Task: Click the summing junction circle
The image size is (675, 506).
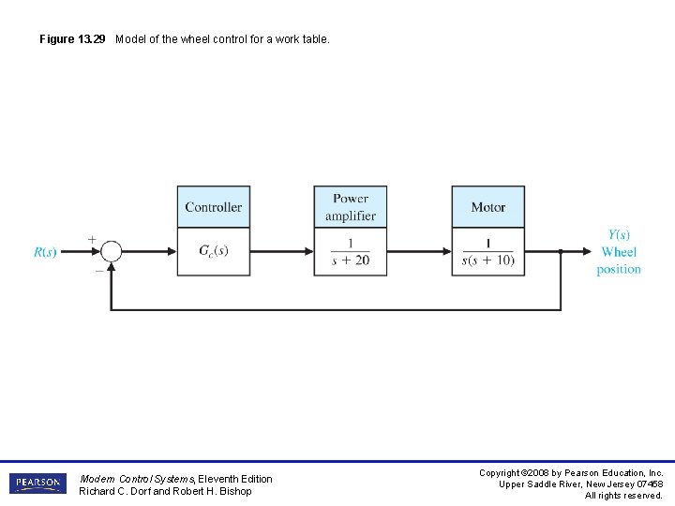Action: point(111,251)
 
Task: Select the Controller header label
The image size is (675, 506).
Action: point(214,207)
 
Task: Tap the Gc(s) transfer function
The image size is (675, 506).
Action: point(214,251)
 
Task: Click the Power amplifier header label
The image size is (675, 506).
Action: point(350,207)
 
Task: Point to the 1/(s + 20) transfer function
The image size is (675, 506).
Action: point(350,251)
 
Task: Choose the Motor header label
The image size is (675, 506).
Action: point(487,207)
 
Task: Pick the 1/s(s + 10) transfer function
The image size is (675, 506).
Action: point(487,251)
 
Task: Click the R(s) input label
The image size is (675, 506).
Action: point(45,252)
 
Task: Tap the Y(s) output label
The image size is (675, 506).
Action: point(619,234)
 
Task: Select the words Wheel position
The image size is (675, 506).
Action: point(619,260)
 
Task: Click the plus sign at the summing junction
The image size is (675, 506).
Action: point(92,239)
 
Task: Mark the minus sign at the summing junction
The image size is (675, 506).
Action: point(98,269)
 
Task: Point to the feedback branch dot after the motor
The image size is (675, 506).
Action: point(561,251)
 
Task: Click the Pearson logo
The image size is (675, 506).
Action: point(37,484)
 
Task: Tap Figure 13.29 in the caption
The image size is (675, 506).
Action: point(75,39)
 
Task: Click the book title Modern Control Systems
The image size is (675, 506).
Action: point(137,479)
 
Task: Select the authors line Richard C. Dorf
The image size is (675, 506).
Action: point(165,491)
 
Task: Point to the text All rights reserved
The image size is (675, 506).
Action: point(623,496)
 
